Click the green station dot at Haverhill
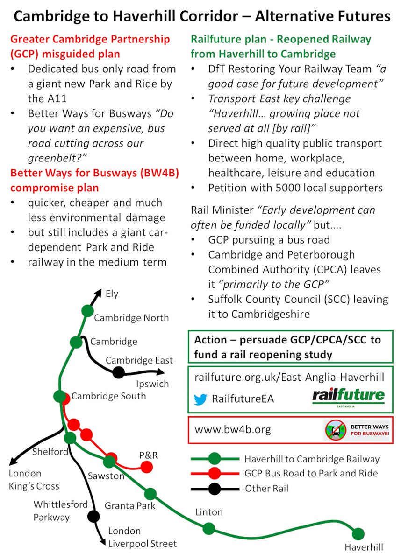[358, 534]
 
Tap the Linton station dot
[209, 529]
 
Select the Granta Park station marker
[150, 494]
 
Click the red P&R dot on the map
[147, 467]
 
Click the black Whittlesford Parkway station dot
[93, 516]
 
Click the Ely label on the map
[112, 294]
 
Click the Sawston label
[106, 476]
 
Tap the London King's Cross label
[34, 480]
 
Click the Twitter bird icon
[200, 399]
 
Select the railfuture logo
[349, 397]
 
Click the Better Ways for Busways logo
[358, 430]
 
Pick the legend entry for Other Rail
[267, 489]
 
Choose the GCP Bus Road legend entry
[311, 473]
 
